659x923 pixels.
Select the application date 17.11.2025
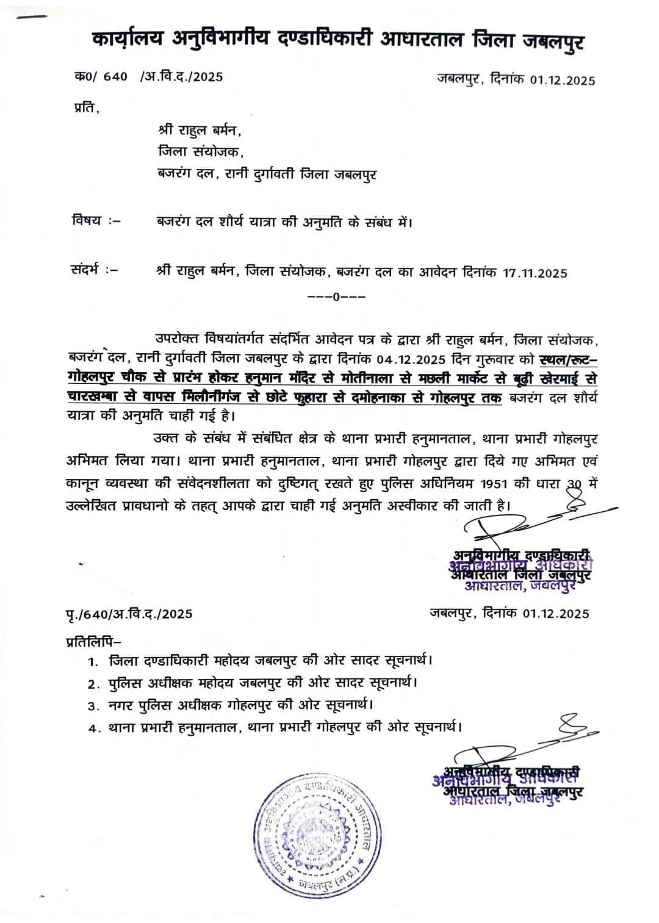(x=535, y=273)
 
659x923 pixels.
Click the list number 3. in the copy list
(x=93, y=706)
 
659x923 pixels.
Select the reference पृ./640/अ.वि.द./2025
(x=129, y=614)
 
